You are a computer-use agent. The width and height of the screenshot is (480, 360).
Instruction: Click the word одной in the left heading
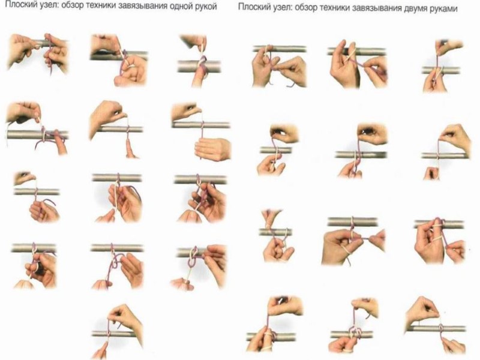tap(180, 7)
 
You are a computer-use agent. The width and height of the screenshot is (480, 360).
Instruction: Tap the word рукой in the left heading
tap(206, 7)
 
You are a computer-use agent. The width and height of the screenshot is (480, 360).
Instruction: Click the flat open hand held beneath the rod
tap(212, 149)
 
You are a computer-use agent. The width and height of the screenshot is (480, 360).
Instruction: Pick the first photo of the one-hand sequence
tap(38, 54)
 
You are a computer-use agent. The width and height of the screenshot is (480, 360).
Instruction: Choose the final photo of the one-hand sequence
tap(118, 331)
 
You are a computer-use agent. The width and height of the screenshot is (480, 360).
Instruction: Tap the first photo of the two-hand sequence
tap(279, 65)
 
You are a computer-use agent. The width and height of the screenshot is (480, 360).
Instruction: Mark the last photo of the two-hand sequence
tap(436, 325)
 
